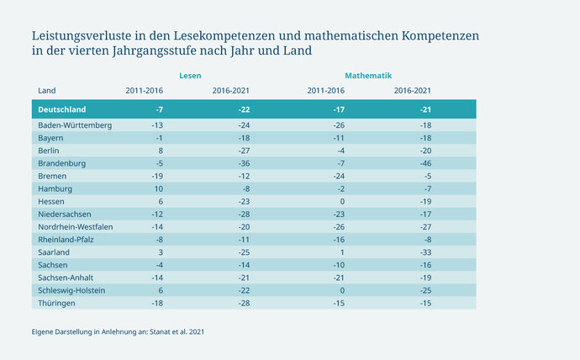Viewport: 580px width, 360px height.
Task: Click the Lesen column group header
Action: click(190, 76)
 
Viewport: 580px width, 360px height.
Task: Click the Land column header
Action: click(47, 91)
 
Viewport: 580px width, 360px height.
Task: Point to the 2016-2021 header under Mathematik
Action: click(413, 91)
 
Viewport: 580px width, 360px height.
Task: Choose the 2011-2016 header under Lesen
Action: click(144, 91)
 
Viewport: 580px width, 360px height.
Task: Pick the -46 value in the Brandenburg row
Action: click(426, 162)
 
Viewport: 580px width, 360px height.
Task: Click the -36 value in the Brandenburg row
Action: click(245, 162)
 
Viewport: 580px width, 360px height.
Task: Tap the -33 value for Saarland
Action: click(426, 251)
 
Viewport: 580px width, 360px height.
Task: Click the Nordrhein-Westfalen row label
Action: click(76, 226)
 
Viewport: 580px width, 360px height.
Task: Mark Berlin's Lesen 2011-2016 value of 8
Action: click(160, 151)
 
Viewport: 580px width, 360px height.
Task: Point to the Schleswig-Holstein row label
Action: click(71, 289)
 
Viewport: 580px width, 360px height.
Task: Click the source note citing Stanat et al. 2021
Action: click(118, 332)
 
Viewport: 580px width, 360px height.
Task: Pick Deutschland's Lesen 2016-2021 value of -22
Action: click(244, 109)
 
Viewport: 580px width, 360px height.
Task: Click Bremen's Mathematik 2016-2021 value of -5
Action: click(428, 176)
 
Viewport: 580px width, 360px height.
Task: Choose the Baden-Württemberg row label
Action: click(75, 125)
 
